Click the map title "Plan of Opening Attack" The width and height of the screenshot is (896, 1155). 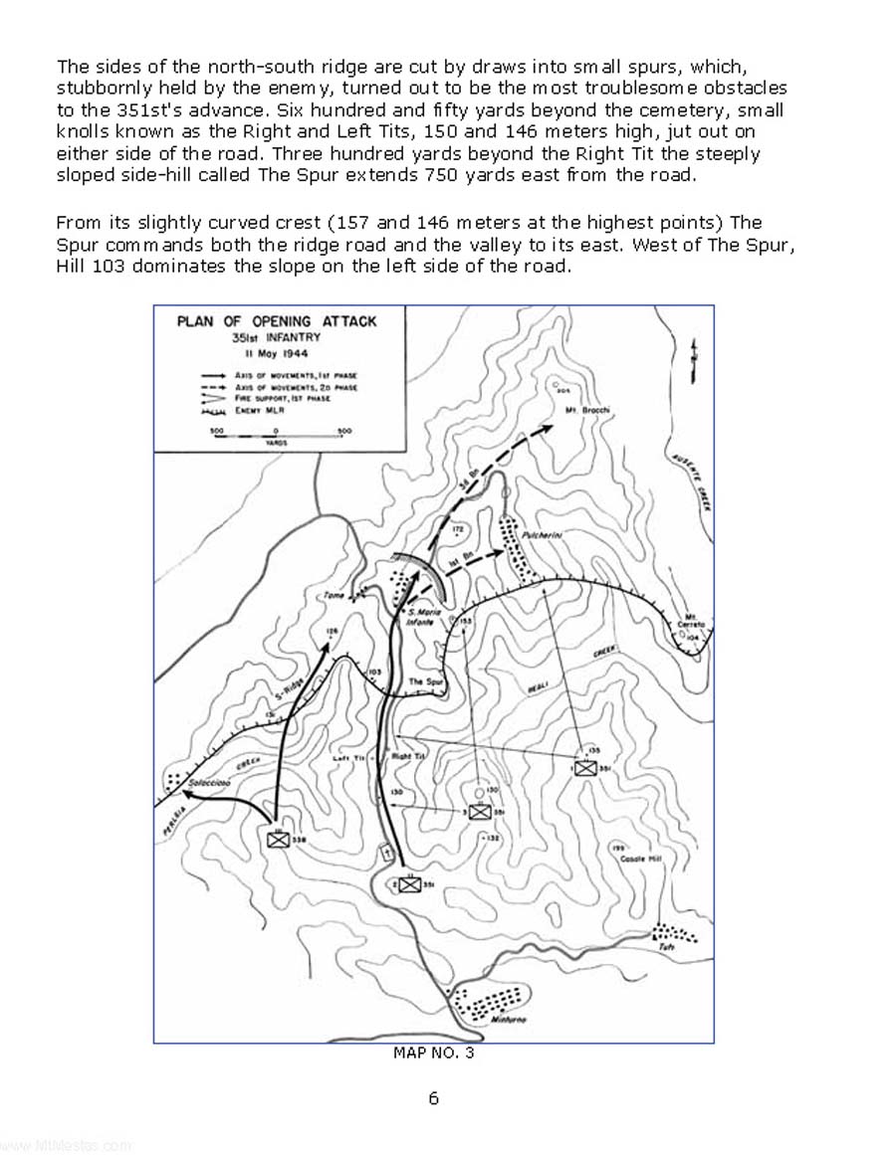tap(276, 321)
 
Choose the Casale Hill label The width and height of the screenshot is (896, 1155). tap(633, 858)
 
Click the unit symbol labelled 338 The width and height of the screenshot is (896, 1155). tap(278, 840)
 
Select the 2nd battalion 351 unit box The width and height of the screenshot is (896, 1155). tap(407, 883)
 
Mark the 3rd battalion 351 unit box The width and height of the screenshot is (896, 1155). tap(481, 812)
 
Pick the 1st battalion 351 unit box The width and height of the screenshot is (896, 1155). tap(585, 768)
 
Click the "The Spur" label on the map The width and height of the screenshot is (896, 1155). tap(425, 681)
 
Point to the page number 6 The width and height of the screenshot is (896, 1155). tap(433, 1098)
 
